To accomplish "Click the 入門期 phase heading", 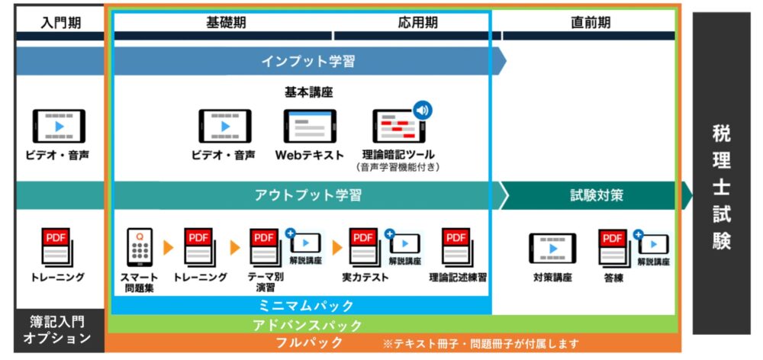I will pos(60,22).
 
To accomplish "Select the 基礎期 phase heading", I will pos(226,22).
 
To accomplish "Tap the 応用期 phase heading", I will pos(417,22).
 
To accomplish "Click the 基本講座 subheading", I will pos(308,92).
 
